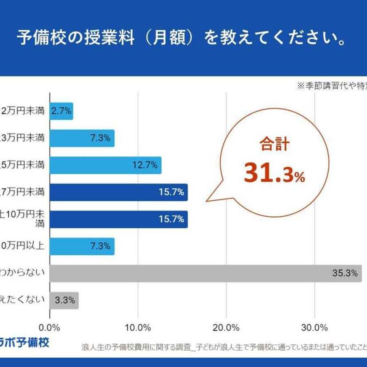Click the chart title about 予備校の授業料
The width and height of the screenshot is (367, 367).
click(182, 38)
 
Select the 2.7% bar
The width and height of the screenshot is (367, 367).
click(61, 111)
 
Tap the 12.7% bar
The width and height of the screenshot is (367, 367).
click(105, 165)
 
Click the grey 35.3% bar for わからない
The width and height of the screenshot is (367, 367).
click(205, 273)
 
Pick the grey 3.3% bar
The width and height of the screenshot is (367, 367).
click(64, 300)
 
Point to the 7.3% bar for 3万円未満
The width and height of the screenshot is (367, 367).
click(82, 138)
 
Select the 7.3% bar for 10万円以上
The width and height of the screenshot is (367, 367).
click(82, 246)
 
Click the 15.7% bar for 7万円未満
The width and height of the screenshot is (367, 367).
click(118, 192)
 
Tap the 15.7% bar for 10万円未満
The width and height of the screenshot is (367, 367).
click(118, 219)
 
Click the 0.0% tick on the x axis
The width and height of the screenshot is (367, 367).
click(50, 328)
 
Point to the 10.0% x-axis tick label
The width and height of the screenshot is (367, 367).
click(138, 328)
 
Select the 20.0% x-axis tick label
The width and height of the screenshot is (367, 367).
click(226, 328)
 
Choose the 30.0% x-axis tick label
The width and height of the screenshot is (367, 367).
click(315, 328)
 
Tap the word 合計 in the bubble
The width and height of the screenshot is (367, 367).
click(274, 145)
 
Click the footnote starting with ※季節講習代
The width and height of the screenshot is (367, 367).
click(332, 86)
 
